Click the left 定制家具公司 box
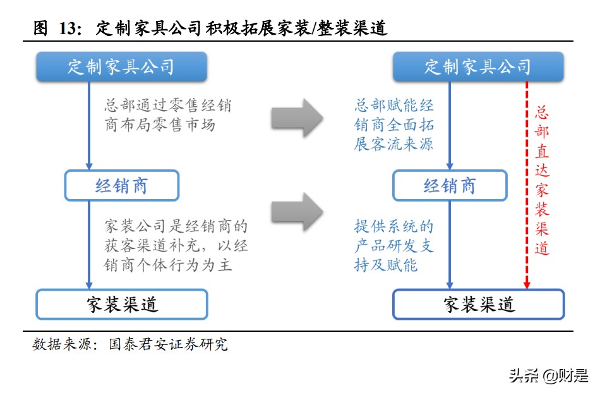pyautogui.click(x=121, y=67)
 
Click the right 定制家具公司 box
pyautogui.click(x=477, y=67)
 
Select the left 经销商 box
pyautogui.click(x=121, y=185)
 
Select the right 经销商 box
pyautogui.click(x=449, y=185)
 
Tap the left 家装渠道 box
pyautogui.click(x=121, y=304)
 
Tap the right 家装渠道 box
pyautogui.click(x=478, y=304)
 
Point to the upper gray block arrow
pyautogui.click(x=296, y=118)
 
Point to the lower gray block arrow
pyautogui.click(x=296, y=211)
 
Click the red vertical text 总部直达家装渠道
pyautogui.click(x=542, y=180)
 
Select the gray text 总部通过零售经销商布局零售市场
pyautogui.click(x=168, y=115)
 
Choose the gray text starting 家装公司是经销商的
pyautogui.click(x=176, y=245)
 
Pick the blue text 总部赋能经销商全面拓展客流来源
pyautogui.click(x=393, y=125)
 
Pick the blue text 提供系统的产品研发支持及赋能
pyautogui.click(x=393, y=245)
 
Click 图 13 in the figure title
pyautogui.click(x=58, y=28)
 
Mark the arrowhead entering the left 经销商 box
pyautogui.click(x=89, y=166)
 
